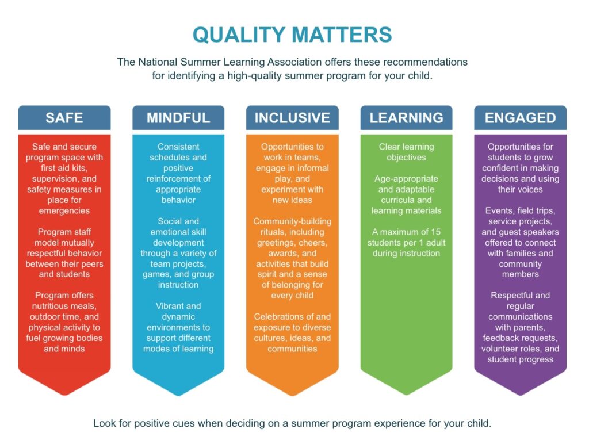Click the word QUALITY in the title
tap(239, 35)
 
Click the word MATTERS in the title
tap(342, 35)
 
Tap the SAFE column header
tap(64, 118)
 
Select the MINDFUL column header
tap(178, 118)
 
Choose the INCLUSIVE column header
tap(292, 118)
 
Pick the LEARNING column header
tap(407, 118)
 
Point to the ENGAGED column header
tap(520, 118)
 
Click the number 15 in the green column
tap(436, 232)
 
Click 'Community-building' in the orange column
tap(292, 221)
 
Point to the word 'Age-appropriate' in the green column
tap(406, 179)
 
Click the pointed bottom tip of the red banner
tap(64, 395)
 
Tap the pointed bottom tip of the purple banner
tap(520, 395)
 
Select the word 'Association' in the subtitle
tap(297, 62)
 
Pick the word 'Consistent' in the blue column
tap(178, 147)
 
